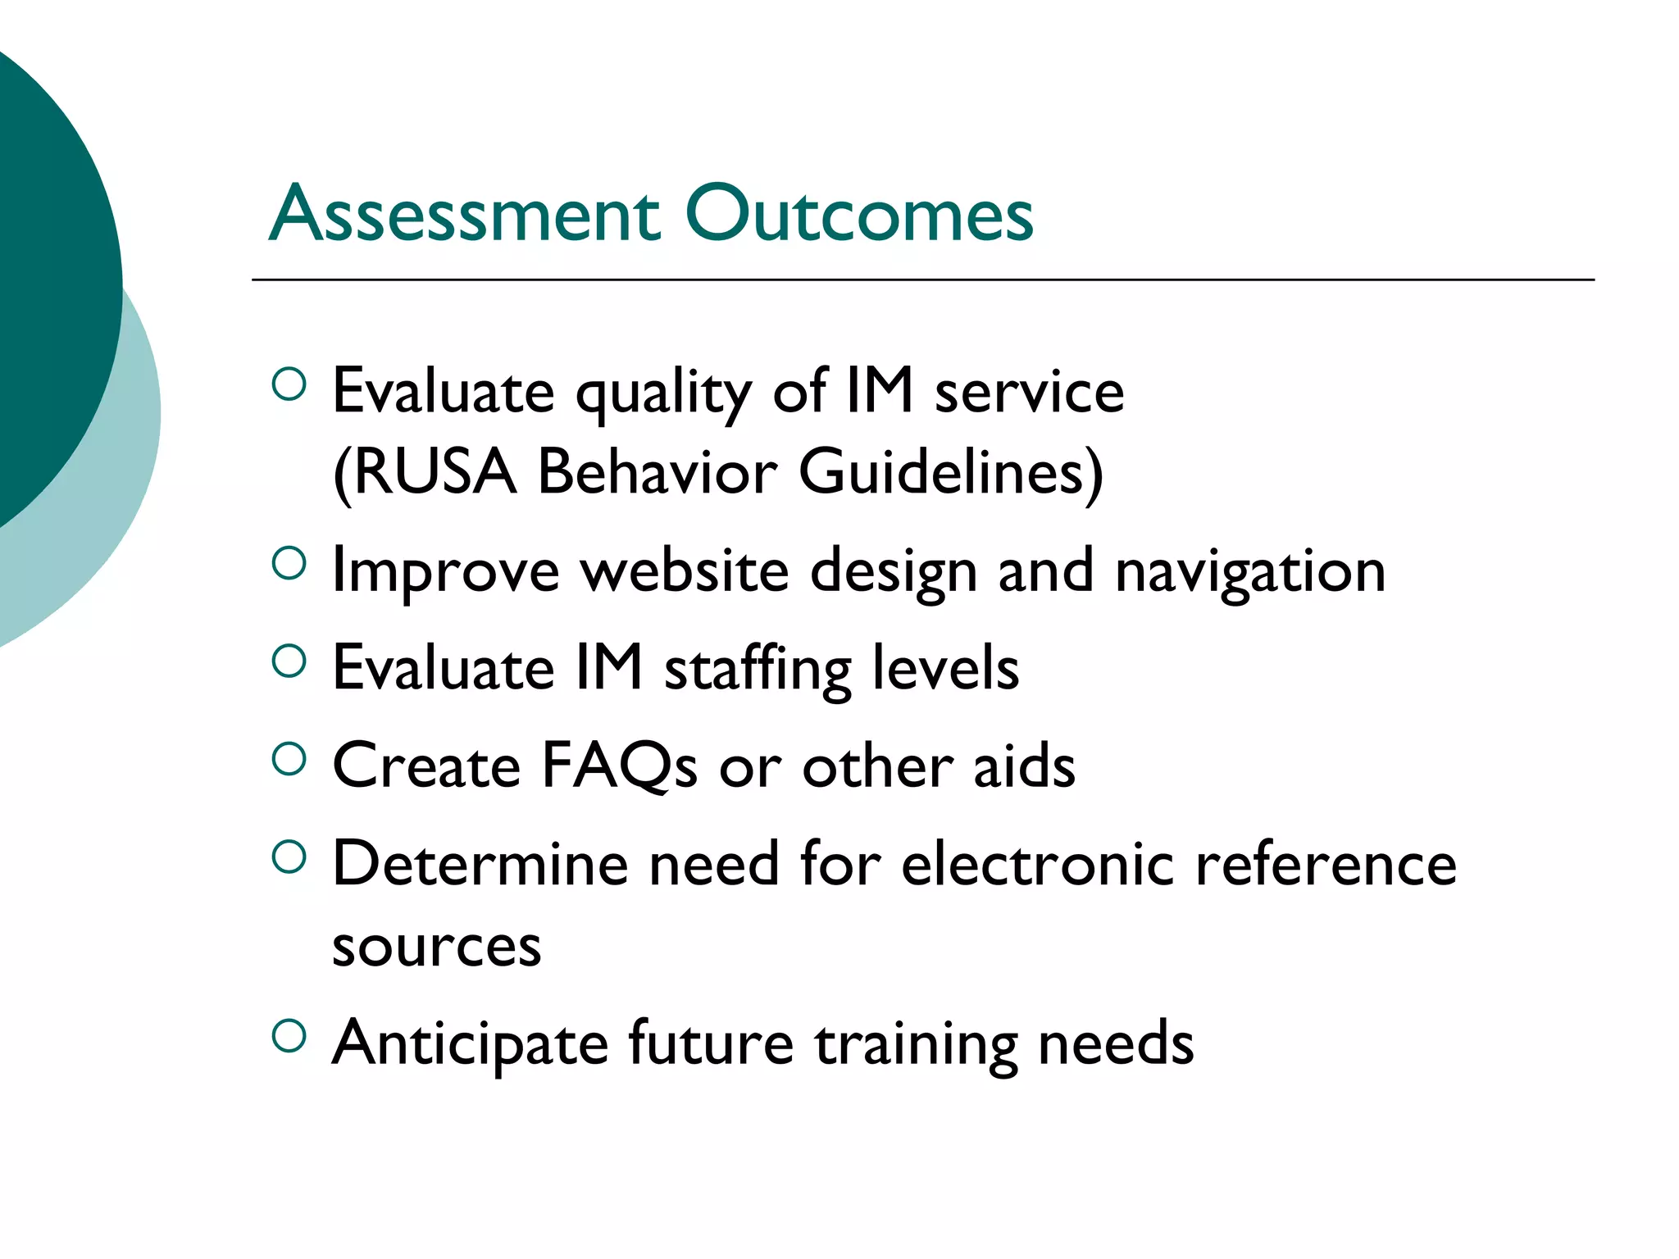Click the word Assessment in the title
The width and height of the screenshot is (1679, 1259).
(x=464, y=215)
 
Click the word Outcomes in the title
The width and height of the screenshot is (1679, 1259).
(x=858, y=215)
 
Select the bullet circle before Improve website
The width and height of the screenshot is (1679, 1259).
(x=289, y=563)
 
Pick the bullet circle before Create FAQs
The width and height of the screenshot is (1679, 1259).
(x=289, y=759)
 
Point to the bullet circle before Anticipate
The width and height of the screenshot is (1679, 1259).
(x=289, y=1036)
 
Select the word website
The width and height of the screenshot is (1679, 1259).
(x=685, y=570)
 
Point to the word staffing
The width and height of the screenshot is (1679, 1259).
(x=758, y=669)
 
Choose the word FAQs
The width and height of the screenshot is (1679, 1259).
(x=619, y=766)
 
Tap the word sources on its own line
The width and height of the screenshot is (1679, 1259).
(x=436, y=948)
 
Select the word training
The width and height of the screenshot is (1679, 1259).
(x=917, y=1044)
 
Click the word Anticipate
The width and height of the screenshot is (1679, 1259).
(x=470, y=1044)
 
